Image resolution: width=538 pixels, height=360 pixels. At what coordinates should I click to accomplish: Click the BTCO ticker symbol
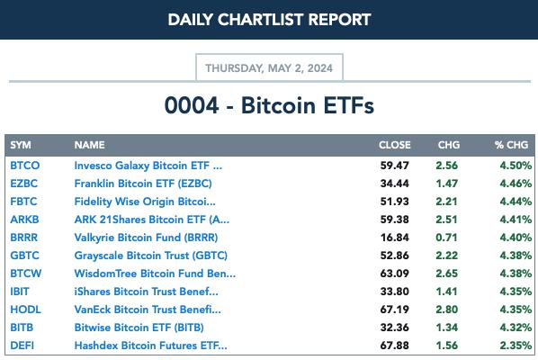click(24, 166)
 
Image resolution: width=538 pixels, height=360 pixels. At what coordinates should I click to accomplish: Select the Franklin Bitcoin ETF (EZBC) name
click(143, 184)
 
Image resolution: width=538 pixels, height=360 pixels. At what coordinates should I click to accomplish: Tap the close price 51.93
click(394, 202)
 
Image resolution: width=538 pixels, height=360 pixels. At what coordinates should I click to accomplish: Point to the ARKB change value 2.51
click(447, 220)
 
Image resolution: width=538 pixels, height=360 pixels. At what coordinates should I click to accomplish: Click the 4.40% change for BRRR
click(516, 238)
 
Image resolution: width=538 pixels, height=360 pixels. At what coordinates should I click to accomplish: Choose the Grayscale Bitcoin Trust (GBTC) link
click(150, 256)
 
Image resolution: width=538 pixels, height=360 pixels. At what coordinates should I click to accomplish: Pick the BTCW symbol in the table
click(26, 274)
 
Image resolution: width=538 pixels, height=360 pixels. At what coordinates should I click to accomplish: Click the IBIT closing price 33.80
click(394, 292)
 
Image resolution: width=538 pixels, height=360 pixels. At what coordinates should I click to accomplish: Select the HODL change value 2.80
click(447, 310)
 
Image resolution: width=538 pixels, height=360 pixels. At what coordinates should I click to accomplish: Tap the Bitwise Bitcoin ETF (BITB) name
click(139, 328)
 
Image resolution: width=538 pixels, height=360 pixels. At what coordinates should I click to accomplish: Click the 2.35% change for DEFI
click(516, 346)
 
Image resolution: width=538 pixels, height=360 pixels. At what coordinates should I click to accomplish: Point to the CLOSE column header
click(395, 145)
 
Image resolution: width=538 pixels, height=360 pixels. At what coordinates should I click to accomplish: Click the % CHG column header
click(511, 145)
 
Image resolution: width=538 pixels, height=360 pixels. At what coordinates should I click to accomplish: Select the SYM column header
click(21, 145)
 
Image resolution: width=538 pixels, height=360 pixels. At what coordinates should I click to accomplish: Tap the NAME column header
click(90, 145)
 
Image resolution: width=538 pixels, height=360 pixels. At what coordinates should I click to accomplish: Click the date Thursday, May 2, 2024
click(269, 68)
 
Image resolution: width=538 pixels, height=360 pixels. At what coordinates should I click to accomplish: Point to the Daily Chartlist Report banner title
click(269, 20)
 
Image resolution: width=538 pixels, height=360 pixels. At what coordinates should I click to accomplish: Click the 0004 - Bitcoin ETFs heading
click(269, 105)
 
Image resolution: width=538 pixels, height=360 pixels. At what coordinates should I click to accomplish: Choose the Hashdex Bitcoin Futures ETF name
click(150, 346)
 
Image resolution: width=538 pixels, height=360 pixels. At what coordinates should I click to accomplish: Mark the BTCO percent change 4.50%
click(516, 166)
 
